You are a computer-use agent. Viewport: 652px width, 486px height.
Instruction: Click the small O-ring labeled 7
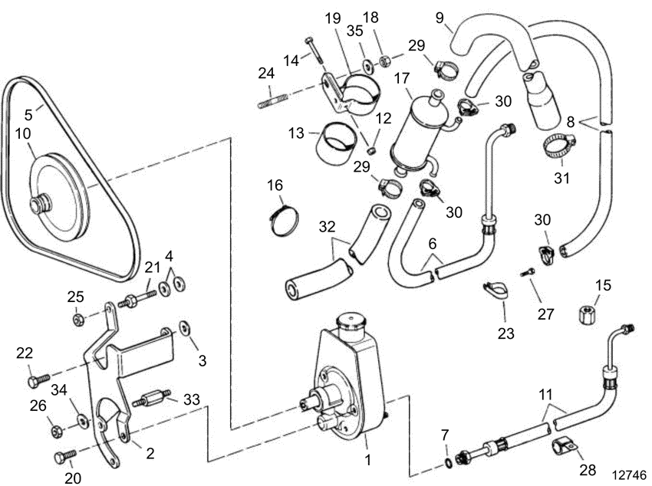coord(447,463)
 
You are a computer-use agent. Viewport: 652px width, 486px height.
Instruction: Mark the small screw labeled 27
coord(528,271)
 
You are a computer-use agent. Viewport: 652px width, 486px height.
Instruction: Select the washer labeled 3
coord(186,329)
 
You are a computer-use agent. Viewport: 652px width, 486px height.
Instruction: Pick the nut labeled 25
coord(77,318)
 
